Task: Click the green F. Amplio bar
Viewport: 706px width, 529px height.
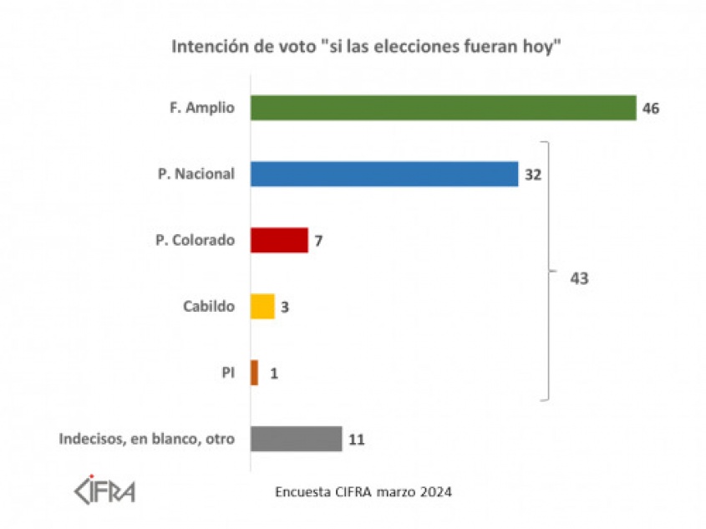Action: click(444, 108)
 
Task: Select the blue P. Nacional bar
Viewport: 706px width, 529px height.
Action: click(384, 174)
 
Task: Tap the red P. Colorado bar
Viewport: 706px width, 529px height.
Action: click(279, 241)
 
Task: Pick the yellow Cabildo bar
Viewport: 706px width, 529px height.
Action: click(262, 307)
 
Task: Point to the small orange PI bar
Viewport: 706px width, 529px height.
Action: click(254, 373)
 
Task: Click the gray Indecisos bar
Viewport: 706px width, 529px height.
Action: click(296, 439)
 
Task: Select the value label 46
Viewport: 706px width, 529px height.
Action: click(651, 109)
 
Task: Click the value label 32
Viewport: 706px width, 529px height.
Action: click(534, 175)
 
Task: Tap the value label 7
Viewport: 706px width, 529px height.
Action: click(317, 241)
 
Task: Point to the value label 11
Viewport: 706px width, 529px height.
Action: click(357, 440)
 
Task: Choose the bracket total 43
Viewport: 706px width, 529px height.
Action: click(579, 278)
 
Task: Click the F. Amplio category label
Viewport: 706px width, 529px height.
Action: click(197, 109)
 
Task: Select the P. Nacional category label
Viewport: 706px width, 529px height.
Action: click(194, 175)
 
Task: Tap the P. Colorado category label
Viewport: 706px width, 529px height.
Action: click(194, 241)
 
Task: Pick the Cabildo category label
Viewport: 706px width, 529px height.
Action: click(209, 307)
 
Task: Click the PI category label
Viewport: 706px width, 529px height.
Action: click(227, 373)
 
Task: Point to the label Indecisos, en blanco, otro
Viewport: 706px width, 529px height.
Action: click(147, 439)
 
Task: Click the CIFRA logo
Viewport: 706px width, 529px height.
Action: click(104, 490)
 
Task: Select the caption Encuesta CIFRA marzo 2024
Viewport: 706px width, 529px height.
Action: click(363, 492)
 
